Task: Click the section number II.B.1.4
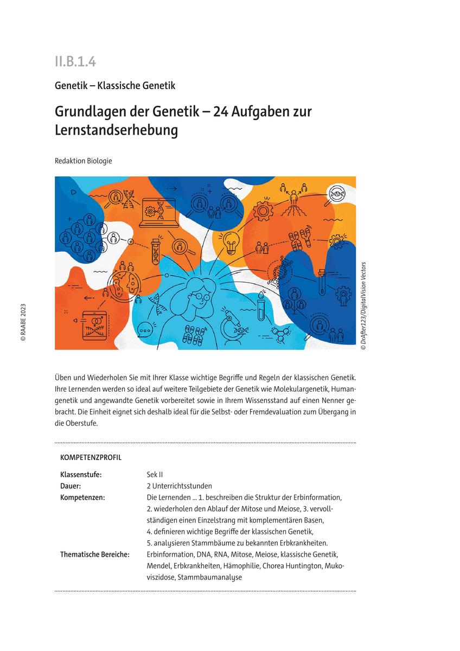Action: pyautogui.click(x=75, y=61)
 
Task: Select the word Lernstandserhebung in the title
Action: pyautogui.click(x=116, y=131)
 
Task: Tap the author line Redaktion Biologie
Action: pyautogui.click(x=83, y=161)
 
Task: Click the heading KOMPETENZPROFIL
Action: pyautogui.click(x=91, y=457)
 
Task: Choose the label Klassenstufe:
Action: pyautogui.click(x=81, y=475)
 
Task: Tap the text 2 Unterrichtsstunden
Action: pyautogui.click(x=179, y=486)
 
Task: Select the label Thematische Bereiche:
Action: pyautogui.click(x=94, y=554)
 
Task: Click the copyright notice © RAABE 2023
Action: pyautogui.click(x=23, y=322)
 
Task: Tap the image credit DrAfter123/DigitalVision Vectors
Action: pyautogui.click(x=363, y=305)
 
